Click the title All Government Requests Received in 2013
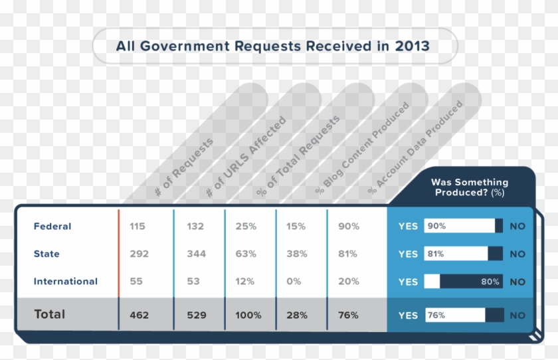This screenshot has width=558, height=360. tap(272, 46)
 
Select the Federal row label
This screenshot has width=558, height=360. tap(52, 226)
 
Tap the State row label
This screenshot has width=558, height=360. tap(46, 254)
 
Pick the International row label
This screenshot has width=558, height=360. tap(66, 282)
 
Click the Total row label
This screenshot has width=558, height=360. tap(50, 314)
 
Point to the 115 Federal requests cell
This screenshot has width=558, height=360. tap(138, 226)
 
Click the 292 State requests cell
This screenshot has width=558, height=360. tap(139, 254)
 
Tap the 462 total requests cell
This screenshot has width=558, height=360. tap(139, 315)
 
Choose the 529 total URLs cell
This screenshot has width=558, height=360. tap(195, 315)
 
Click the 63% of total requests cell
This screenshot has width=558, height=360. tap(245, 254)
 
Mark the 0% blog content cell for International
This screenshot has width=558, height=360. tap(294, 282)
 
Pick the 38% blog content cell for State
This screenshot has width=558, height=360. tap(296, 254)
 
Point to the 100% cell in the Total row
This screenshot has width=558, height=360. tap(248, 315)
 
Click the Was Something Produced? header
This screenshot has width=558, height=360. tap(469, 187)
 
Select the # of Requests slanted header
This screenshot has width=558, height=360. tap(184, 166)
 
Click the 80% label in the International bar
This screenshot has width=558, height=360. tap(491, 282)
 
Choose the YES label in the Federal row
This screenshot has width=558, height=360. tap(408, 226)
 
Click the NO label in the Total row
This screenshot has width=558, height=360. tap(517, 315)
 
